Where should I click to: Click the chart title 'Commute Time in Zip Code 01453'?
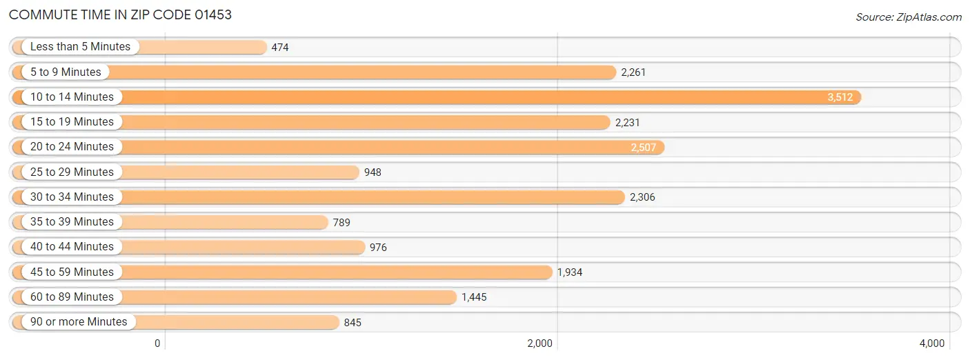[x=120, y=14]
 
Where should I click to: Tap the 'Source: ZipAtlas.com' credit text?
[x=909, y=17]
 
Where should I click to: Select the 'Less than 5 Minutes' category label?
[x=80, y=47]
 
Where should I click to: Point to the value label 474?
[x=279, y=47]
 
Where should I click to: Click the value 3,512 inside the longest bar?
[x=840, y=97]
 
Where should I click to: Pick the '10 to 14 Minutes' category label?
[x=72, y=97]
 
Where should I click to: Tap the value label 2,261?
[x=633, y=72]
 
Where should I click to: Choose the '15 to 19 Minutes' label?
[x=72, y=122]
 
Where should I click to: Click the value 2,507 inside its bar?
[x=644, y=148]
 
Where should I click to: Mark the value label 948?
[x=373, y=172]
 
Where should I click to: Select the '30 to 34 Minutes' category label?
[x=72, y=197]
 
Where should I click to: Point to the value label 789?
[x=342, y=222]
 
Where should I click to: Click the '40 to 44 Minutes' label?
[x=72, y=247]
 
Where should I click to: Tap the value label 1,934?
[x=569, y=272]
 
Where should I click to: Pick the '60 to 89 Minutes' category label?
[x=72, y=297]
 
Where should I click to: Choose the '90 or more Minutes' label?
[x=79, y=322]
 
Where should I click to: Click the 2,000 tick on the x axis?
[x=540, y=343]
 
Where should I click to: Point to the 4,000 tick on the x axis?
[x=932, y=343]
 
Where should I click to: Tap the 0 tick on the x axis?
[x=157, y=343]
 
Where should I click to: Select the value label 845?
[x=353, y=322]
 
